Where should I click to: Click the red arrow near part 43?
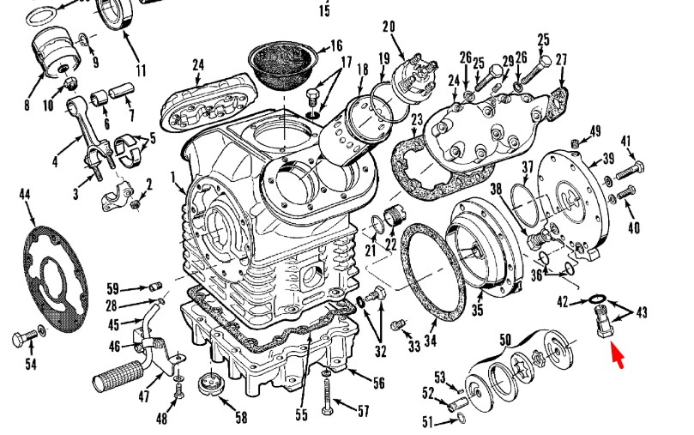pyautogui.click(x=616, y=351)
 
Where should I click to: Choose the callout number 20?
pyautogui.click(x=389, y=27)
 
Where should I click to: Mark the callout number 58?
pyautogui.click(x=241, y=417)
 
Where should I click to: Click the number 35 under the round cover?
pyautogui.click(x=478, y=309)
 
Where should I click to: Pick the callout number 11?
pyautogui.click(x=140, y=69)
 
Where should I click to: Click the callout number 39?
pyautogui.click(x=607, y=158)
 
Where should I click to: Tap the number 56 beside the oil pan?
pyautogui.click(x=377, y=383)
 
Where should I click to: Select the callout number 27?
pyautogui.click(x=562, y=59)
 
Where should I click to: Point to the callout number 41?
pyautogui.click(x=626, y=141)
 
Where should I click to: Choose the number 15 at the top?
pyautogui.click(x=324, y=10)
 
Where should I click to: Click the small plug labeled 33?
pyautogui.click(x=396, y=323)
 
